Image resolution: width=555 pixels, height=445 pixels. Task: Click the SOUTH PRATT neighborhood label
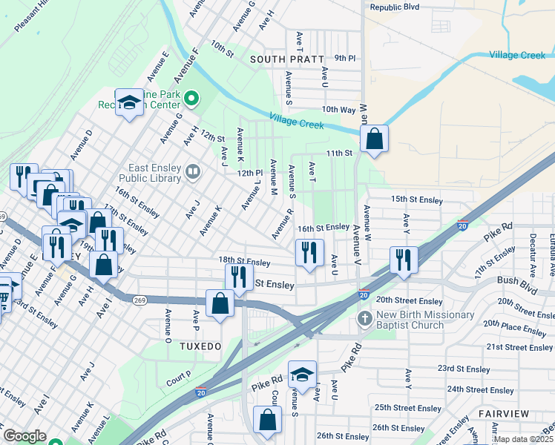[x=287, y=59]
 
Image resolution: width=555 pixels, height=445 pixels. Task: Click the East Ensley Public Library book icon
[x=193, y=173]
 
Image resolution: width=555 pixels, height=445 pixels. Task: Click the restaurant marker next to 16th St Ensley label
[x=309, y=253]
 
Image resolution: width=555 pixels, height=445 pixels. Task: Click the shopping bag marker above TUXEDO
[x=220, y=303]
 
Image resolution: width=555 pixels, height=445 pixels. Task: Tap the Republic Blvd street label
[x=395, y=7]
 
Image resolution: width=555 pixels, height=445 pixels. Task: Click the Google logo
[x=24, y=435]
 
